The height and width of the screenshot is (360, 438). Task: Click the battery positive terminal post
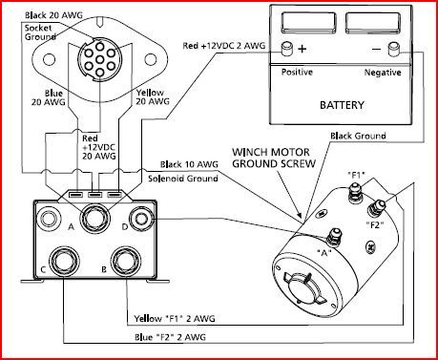[x=287, y=49]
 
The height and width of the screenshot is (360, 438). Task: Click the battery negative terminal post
[x=394, y=49]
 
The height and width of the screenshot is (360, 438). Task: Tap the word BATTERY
[x=342, y=105]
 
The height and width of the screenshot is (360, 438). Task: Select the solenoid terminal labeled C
[x=63, y=262]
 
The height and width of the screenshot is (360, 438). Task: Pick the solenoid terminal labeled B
[x=126, y=262]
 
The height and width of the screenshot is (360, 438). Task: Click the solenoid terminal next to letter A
[x=95, y=221]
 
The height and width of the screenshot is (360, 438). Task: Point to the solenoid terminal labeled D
[x=141, y=220]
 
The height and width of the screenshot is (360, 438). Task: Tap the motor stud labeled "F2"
[x=376, y=207]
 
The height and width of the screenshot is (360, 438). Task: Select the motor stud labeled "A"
[x=334, y=237]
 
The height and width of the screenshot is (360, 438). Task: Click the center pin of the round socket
[x=100, y=59]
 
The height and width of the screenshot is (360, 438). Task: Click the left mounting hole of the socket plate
[x=49, y=59]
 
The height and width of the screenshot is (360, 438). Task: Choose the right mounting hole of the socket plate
[x=151, y=59]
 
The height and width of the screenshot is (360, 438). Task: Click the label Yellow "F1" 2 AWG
[x=175, y=318]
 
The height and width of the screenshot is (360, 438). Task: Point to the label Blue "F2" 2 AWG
[x=170, y=337]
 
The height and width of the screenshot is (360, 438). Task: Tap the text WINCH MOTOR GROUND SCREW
[x=274, y=158]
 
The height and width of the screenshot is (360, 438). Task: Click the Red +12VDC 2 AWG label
[x=224, y=46]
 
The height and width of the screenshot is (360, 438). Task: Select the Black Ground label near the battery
[x=358, y=136]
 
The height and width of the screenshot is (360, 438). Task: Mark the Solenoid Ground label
[x=183, y=179]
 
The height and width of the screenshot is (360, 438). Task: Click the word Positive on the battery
[x=297, y=72]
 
